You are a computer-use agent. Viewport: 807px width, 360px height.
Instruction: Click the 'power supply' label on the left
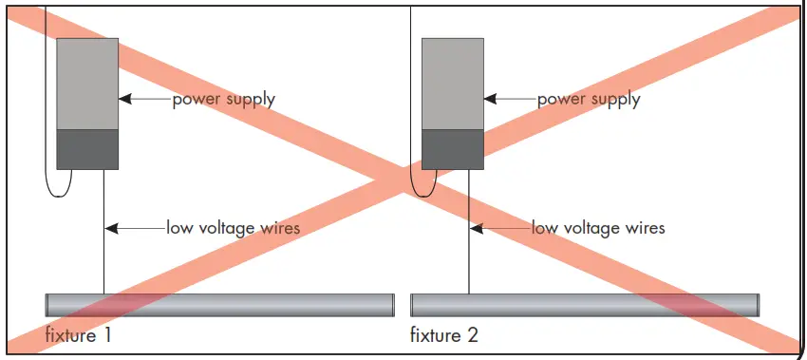(x=223, y=99)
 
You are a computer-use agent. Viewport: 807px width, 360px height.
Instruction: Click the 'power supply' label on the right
(x=589, y=99)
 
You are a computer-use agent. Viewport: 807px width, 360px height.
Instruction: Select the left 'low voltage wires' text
(x=233, y=228)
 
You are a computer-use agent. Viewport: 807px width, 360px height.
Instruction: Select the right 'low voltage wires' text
(x=597, y=228)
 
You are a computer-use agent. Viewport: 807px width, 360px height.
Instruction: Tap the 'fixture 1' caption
(x=80, y=335)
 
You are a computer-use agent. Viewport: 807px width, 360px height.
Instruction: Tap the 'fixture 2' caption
(x=444, y=335)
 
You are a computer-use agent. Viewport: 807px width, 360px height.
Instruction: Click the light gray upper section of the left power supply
(x=87, y=84)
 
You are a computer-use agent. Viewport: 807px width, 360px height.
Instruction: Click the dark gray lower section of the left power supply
(x=87, y=149)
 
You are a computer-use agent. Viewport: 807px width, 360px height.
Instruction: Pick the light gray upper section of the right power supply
(x=453, y=84)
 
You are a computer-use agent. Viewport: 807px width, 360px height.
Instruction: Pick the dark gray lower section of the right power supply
(x=453, y=149)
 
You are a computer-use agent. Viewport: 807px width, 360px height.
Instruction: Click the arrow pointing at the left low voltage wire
(x=134, y=228)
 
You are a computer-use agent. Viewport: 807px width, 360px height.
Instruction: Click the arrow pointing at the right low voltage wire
(x=499, y=228)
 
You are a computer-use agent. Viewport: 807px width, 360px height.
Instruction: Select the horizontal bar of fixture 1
(x=219, y=305)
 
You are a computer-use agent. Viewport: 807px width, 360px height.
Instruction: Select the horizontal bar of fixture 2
(x=585, y=305)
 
